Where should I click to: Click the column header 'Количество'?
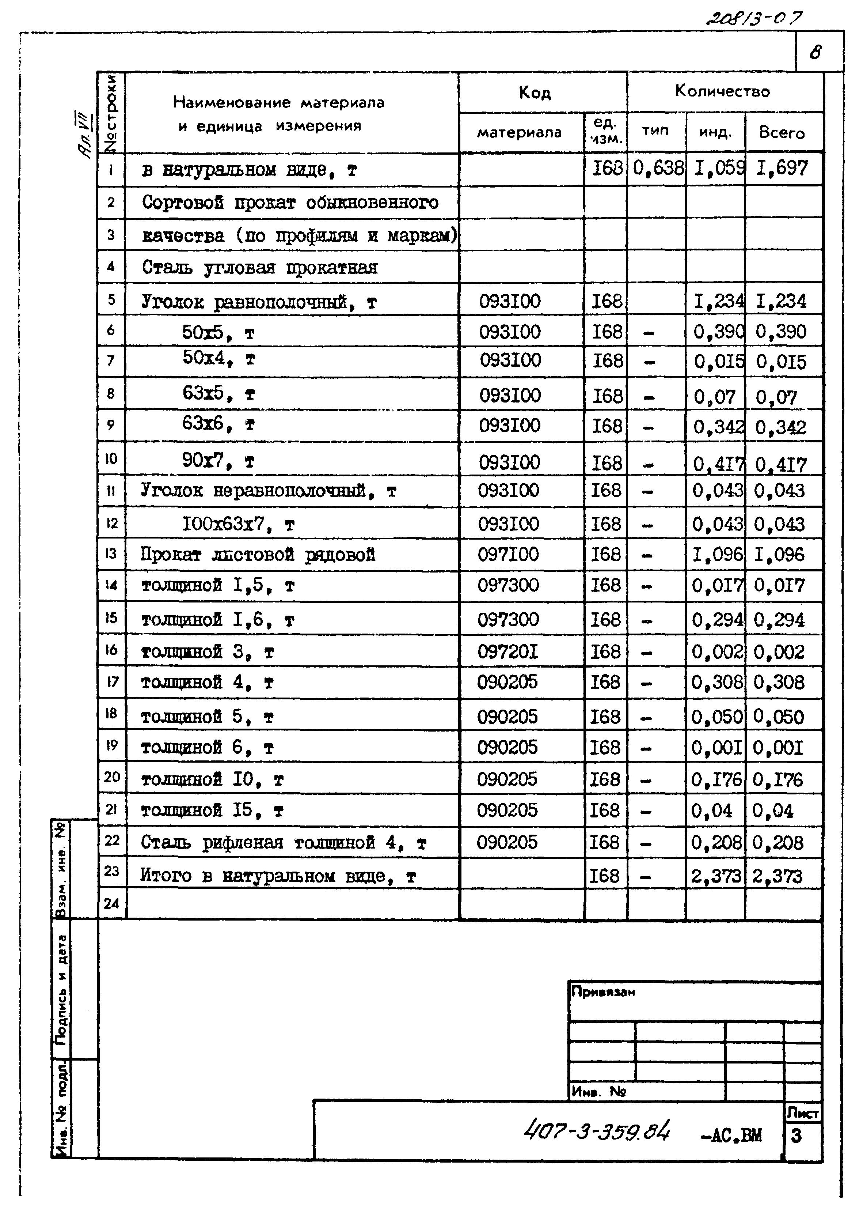click(x=722, y=91)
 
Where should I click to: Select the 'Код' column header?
click(x=535, y=93)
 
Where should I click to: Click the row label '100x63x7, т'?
click(x=238, y=525)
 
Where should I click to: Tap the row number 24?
click(x=111, y=903)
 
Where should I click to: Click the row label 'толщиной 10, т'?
click(x=212, y=780)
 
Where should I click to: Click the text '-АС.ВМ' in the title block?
click(x=731, y=1135)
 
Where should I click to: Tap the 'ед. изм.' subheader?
click(x=606, y=131)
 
